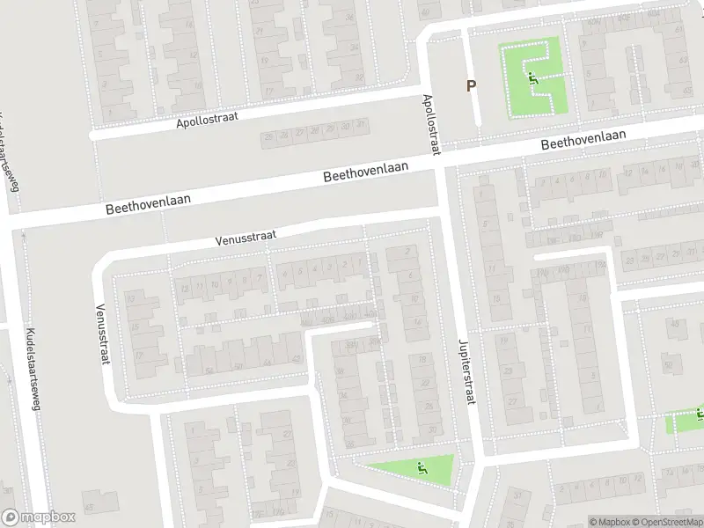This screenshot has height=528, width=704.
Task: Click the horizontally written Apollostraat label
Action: point(208,118)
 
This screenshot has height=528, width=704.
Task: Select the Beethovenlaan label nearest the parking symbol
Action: point(583,139)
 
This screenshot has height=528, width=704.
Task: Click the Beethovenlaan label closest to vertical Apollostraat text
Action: point(365,172)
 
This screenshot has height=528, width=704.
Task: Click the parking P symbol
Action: point(471,86)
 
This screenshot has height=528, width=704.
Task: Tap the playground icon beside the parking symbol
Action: point(533,77)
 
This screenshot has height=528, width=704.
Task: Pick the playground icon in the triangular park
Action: point(422,467)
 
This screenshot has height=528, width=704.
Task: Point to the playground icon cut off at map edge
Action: point(700,412)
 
